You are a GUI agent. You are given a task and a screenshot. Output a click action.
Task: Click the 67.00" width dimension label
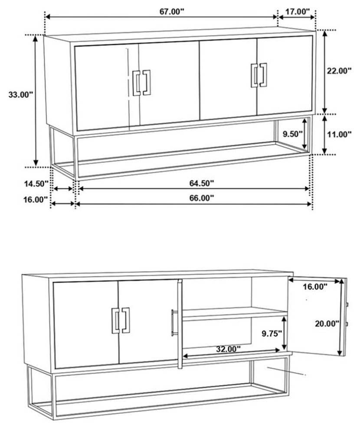point(172,12)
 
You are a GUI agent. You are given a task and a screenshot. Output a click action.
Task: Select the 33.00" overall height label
point(21,95)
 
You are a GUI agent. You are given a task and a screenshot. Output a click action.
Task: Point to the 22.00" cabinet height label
point(339,71)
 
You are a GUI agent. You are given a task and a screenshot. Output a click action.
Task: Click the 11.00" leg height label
point(339,134)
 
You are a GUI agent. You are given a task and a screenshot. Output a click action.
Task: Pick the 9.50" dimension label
point(293,134)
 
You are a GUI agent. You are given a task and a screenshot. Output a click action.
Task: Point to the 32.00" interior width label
point(228,349)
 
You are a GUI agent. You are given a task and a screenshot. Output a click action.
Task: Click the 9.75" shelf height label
point(272,334)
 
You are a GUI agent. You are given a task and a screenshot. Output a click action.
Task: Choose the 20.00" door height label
point(327,324)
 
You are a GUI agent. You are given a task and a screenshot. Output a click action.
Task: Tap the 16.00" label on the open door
point(315,286)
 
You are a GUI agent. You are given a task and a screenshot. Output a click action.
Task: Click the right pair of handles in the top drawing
point(259,75)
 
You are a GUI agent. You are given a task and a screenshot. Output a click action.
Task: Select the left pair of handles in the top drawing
point(141,83)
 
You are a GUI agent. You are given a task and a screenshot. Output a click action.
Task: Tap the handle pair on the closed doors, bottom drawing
point(121,320)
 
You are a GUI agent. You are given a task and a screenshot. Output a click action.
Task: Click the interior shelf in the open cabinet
point(235,314)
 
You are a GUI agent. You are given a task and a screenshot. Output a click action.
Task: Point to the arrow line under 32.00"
point(232,353)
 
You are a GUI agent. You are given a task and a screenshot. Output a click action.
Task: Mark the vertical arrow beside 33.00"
point(36,101)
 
